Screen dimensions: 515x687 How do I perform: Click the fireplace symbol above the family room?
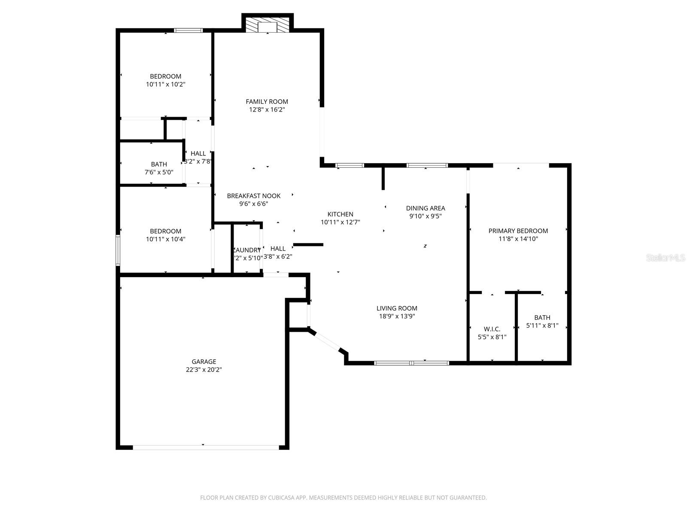268,25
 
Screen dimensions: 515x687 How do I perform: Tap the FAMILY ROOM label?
267,102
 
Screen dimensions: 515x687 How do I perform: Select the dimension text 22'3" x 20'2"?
204,370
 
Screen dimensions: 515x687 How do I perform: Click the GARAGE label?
204,362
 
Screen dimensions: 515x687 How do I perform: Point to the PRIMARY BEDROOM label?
518,231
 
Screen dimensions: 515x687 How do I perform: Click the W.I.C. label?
492,329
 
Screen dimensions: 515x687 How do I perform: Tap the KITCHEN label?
340,214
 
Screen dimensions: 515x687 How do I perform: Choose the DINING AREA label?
426,208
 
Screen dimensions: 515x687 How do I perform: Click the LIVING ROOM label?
397,308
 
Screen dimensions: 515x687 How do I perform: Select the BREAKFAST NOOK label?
254,196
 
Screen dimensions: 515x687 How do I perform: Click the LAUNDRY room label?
247,250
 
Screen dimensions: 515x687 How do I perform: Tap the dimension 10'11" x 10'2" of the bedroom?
166,85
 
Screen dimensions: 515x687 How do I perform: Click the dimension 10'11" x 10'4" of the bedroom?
166,239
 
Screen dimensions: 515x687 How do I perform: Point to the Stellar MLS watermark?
666,257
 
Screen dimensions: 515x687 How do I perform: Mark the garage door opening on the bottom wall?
205,447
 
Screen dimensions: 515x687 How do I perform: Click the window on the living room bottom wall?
411,363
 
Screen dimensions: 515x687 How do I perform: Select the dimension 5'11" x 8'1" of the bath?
542,325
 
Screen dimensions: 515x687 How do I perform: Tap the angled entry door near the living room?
328,341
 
